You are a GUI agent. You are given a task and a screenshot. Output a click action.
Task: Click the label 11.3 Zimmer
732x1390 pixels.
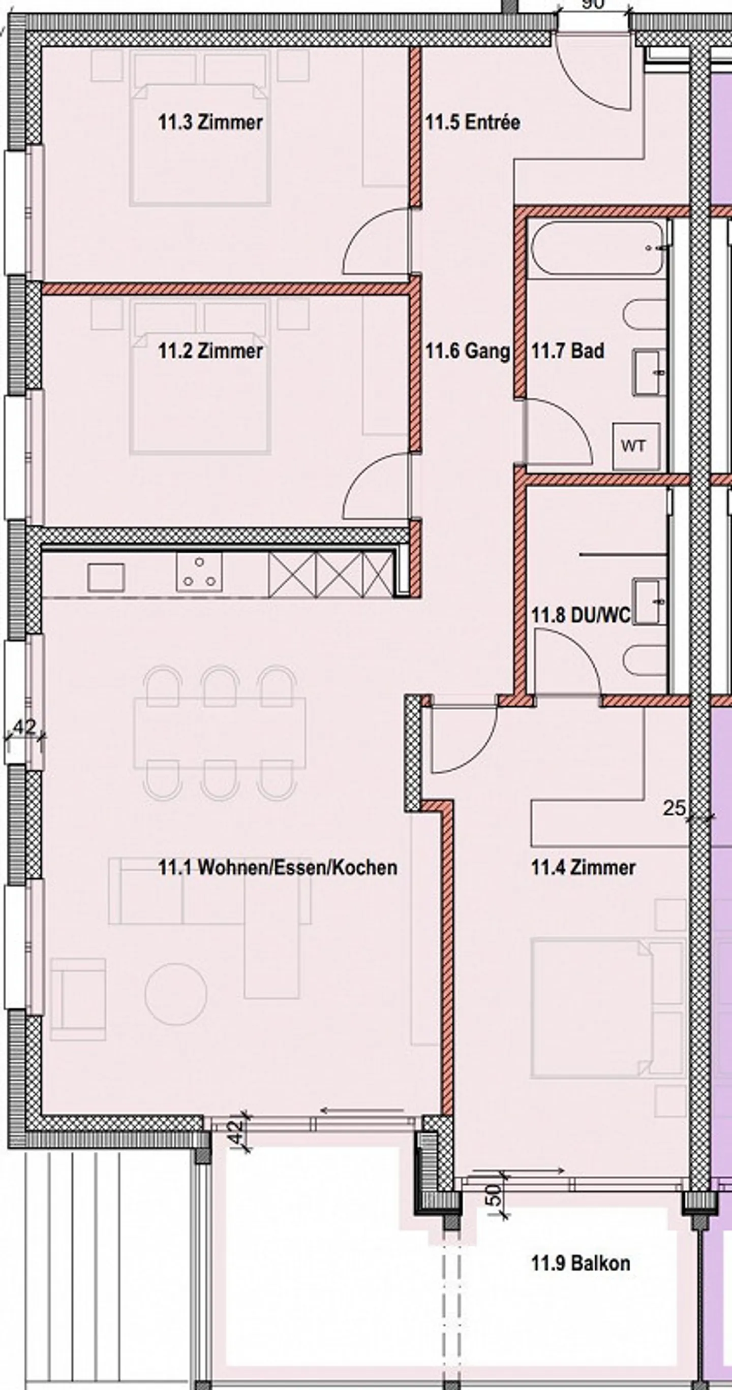[210, 122]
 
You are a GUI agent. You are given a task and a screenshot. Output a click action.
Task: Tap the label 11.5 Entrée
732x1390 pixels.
[472, 122]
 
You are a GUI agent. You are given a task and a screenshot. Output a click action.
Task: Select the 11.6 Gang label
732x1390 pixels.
[467, 351]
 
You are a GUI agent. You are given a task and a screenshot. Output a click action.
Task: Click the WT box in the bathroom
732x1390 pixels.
[635, 446]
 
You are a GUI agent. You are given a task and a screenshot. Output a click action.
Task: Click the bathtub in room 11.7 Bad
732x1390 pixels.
[598, 248]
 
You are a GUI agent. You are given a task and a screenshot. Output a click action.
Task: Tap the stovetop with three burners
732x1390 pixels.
[199, 573]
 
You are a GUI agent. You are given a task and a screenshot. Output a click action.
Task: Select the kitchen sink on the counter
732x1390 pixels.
[106, 577]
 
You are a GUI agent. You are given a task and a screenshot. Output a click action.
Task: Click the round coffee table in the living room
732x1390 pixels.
[175, 994]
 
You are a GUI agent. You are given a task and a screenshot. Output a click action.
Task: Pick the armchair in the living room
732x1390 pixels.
[79, 999]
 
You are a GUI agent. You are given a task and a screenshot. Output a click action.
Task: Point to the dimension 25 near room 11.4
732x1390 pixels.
[674, 808]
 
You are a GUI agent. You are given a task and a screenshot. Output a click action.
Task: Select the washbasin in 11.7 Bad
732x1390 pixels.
[650, 373]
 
